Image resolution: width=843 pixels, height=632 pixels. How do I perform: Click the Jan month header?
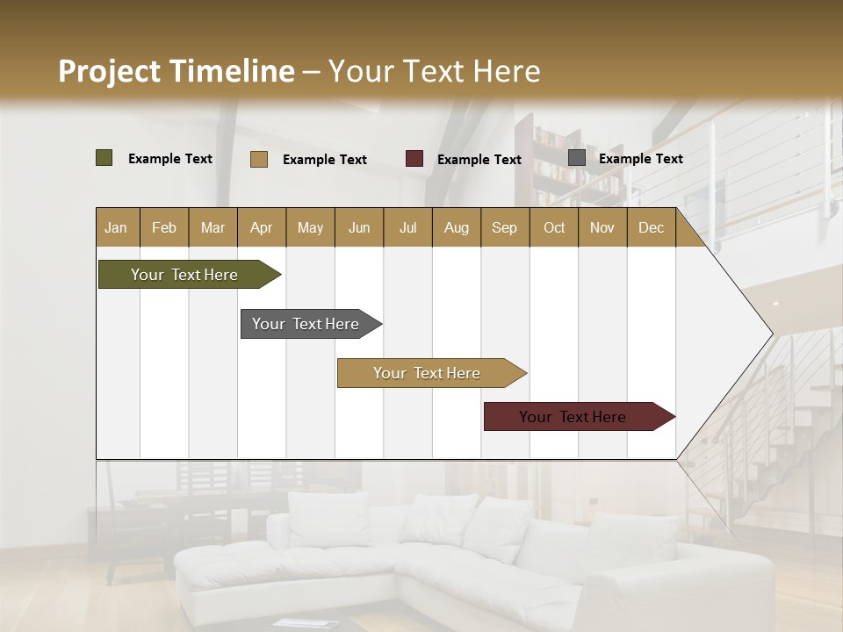pyautogui.click(x=116, y=227)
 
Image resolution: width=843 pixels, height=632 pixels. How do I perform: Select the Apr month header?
pyautogui.click(x=262, y=227)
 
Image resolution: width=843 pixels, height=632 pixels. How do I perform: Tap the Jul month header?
pyautogui.click(x=407, y=227)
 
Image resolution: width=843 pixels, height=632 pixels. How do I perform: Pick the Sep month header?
pyautogui.click(x=504, y=227)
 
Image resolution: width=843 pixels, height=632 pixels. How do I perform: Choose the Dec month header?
pyautogui.click(x=651, y=227)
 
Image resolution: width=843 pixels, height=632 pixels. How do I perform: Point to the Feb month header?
pyautogui.click(x=164, y=227)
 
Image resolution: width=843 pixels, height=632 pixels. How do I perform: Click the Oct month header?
pyautogui.click(x=554, y=227)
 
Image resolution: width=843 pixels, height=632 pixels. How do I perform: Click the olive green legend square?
pyautogui.click(x=104, y=158)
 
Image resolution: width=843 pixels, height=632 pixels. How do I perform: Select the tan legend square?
pyautogui.click(x=258, y=159)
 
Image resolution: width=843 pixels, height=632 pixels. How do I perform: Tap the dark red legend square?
pyautogui.click(x=414, y=159)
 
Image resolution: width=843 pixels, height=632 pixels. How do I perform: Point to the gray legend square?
pyautogui.click(x=577, y=158)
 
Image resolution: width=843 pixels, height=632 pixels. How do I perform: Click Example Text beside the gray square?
pyautogui.click(x=640, y=159)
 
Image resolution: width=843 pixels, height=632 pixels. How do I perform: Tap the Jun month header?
pyautogui.click(x=359, y=227)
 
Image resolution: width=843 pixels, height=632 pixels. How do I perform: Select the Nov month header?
pyautogui.click(x=602, y=227)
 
